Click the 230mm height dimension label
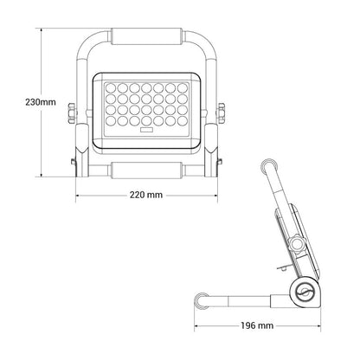41,102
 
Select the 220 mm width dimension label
146,195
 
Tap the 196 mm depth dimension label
257,325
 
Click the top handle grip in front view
146,36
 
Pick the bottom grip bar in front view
146,170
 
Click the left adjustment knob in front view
73,113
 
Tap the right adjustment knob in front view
221,113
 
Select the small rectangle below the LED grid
146,130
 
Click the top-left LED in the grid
111,87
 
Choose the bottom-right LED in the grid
183,121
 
